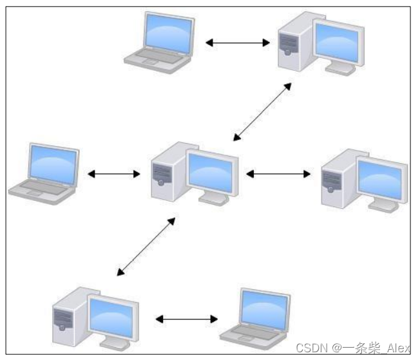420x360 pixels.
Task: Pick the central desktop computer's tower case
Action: pyautogui.click(x=164, y=173)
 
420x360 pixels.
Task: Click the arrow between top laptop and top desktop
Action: pyautogui.click(x=238, y=43)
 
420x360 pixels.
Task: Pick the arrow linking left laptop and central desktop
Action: pyautogui.click(x=114, y=174)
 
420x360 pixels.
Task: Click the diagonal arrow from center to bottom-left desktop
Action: pyautogui.click(x=146, y=247)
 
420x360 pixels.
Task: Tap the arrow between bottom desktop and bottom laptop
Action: pyautogui.click(x=187, y=319)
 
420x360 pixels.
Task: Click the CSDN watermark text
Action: pyautogui.click(x=352, y=348)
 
